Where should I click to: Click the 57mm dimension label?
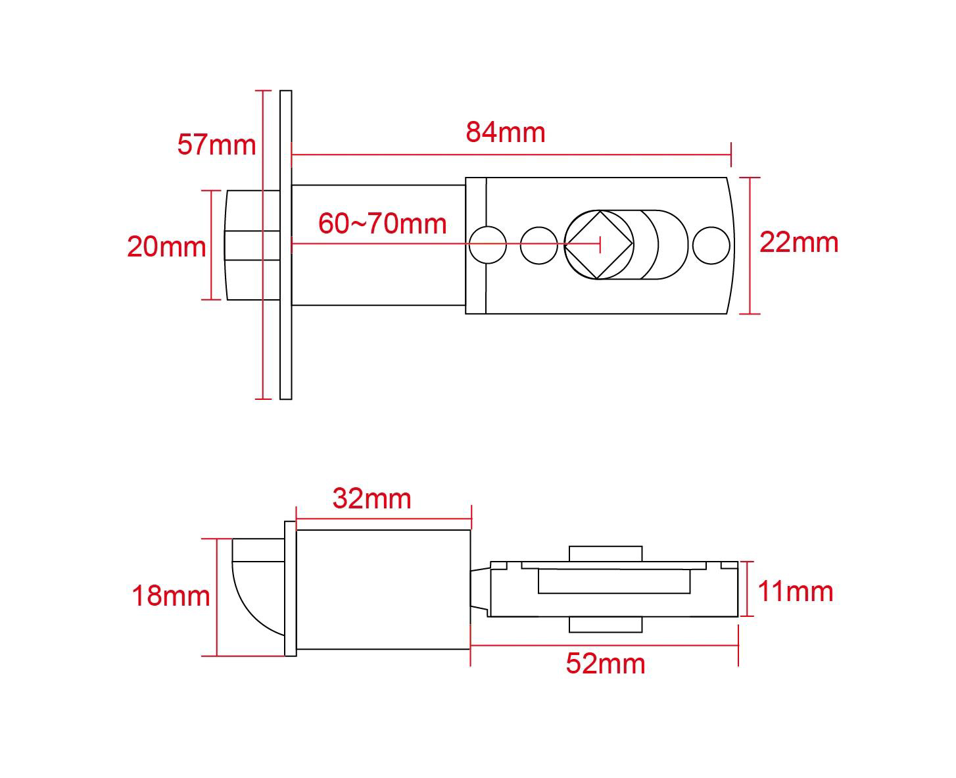[216, 145]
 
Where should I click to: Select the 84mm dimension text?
[505, 132]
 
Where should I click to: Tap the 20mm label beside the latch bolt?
[166, 247]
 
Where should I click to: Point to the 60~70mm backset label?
[382, 224]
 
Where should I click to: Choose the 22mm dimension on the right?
[799, 243]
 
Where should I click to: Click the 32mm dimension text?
[371, 498]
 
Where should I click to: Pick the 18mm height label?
[171, 596]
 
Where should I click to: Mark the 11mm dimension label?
[795, 592]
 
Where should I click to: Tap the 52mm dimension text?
[605, 664]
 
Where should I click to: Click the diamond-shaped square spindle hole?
[599, 245]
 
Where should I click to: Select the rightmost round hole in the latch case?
[711, 245]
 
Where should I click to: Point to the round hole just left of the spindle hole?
[538, 245]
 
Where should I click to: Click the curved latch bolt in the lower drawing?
[256, 589]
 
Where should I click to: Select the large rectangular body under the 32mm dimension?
[383, 589]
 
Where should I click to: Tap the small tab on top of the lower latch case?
[605, 553]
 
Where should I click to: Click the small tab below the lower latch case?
[605, 625]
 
